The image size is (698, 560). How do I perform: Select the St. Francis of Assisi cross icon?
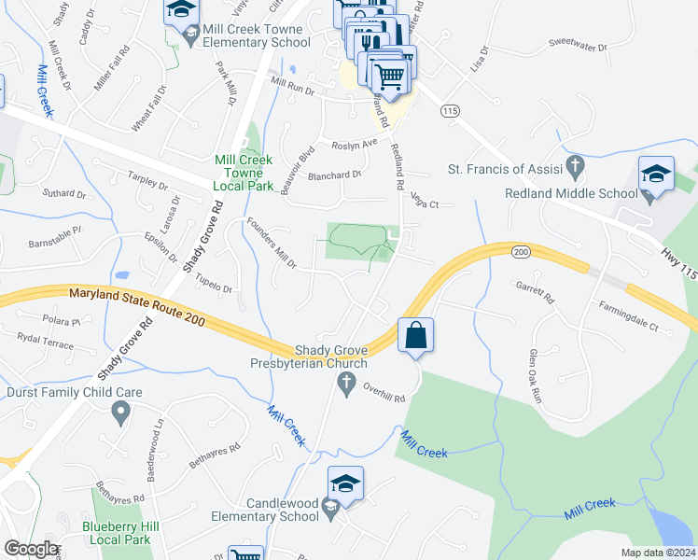click(x=576, y=168)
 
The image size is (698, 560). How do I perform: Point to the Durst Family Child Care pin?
click(x=119, y=411)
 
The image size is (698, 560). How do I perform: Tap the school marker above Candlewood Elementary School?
click(x=345, y=484)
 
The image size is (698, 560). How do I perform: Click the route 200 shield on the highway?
click(x=520, y=252)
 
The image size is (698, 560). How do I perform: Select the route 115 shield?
click(x=452, y=110)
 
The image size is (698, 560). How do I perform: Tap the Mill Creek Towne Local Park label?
click(x=250, y=174)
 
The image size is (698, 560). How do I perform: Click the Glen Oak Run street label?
click(x=535, y=376)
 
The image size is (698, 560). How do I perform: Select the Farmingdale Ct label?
click(x=628, y=329)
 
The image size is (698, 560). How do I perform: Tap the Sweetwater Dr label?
click(x=578, y=45)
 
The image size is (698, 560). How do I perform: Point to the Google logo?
click(x=31, y=549)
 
